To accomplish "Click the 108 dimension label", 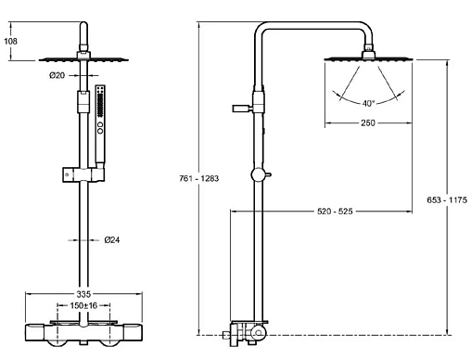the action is (10, 41).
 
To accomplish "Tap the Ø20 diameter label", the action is (57, 75).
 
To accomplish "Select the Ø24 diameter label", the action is (112, 239).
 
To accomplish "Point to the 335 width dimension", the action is (83, 294).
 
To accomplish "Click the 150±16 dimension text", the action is (83, 305).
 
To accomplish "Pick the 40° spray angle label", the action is (368, 103).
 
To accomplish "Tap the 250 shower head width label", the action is (368, 122).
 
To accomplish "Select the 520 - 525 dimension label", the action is (335, 212).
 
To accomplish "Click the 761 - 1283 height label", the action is (198, 178).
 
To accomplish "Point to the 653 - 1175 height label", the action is (447, 199).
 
